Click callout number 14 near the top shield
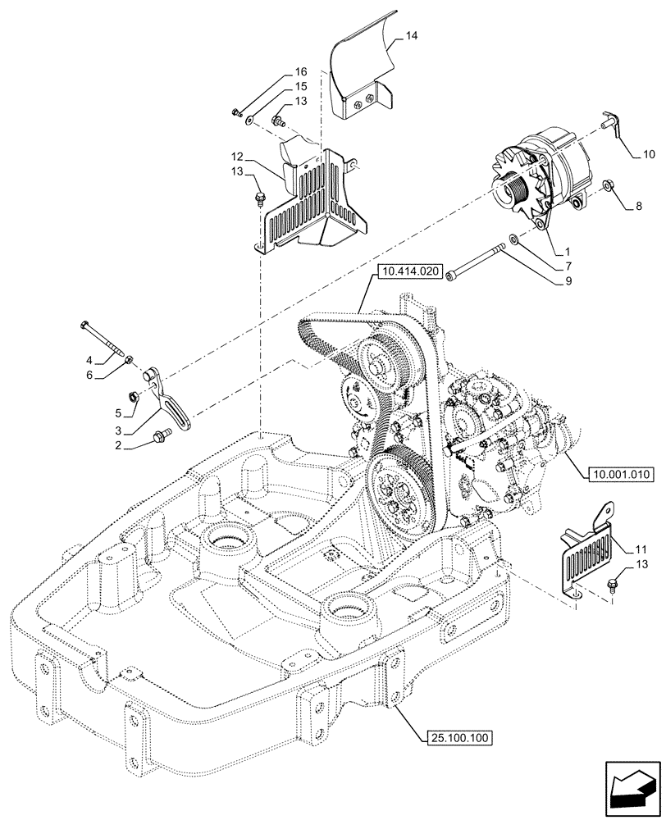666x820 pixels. pyautogui.click(x=412, y=36)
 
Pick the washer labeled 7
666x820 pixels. pyautogui.click(x=513, y=239)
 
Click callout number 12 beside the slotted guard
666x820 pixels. pyautogui.click(x=236, y=156)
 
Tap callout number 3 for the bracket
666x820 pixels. pyautogui.click(x=118, y=431)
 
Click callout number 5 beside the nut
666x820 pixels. pyautogui.click(x=118, y=412)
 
